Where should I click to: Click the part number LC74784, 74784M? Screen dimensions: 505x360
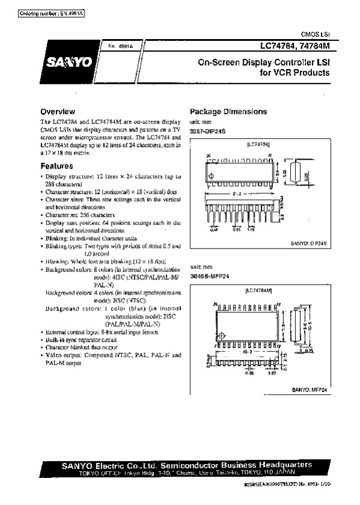point(296,46)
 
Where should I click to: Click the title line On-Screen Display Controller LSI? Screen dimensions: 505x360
point(264,62)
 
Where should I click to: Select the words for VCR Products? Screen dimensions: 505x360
point(294,73)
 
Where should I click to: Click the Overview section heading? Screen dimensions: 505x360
point(57,112)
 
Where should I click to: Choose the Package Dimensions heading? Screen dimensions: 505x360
point(228,112)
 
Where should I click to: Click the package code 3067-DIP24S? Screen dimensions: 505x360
point(206,129)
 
